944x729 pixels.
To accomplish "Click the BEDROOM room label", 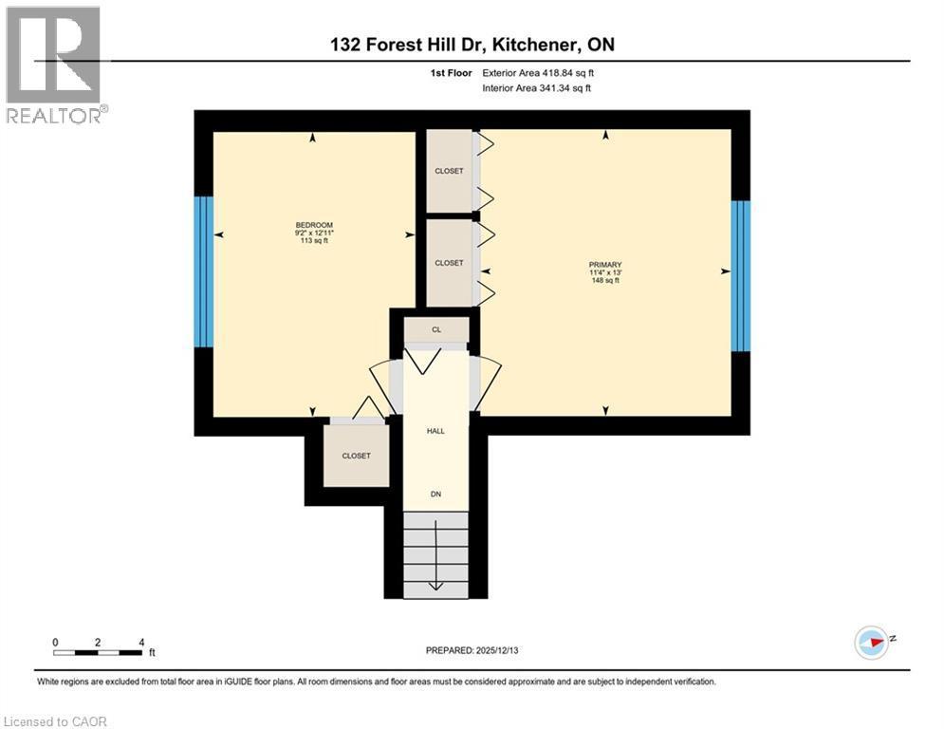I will [312, 225].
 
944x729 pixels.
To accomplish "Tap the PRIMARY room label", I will [604, 265].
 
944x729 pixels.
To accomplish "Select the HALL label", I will [435, 431].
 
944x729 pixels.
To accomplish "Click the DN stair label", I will [435, 494].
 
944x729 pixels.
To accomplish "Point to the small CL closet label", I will [436, 330].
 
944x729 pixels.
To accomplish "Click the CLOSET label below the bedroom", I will [356, 456].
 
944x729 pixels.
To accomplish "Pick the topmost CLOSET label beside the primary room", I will [449, 171].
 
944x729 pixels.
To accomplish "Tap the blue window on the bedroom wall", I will [203, 271].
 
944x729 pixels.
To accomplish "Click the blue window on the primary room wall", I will [741, 275].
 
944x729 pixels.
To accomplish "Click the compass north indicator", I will [874, 642].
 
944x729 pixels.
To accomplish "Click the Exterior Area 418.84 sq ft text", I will [538, 72].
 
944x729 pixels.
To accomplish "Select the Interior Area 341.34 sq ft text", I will [537, 88].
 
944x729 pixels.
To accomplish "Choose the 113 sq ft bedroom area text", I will [312, 241].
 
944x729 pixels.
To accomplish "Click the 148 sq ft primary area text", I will [604, 281].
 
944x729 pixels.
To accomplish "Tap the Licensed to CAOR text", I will [56, 721].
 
